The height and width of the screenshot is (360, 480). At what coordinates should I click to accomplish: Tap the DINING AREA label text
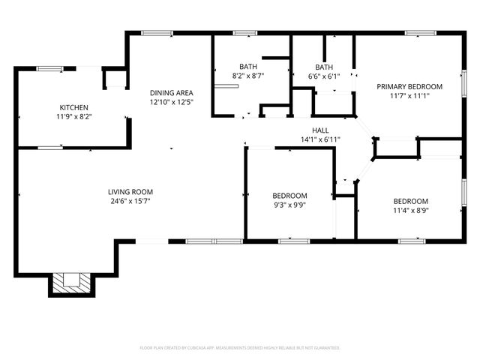(x=172, y=92)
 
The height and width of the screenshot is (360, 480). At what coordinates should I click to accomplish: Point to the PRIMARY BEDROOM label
(x=409, y=86)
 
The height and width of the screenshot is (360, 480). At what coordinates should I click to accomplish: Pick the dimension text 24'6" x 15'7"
(x=130, y=201)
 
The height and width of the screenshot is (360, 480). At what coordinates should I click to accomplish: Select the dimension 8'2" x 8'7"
(x=247, y=76)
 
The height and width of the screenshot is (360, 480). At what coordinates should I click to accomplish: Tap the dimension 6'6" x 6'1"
(x=324, y=76)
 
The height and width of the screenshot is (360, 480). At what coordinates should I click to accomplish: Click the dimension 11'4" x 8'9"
(x=411, y=211)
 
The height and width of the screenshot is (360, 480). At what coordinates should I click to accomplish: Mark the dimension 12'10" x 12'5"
(x=172, y=101)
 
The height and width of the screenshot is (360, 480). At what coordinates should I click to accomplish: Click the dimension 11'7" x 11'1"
(x=409, y=96)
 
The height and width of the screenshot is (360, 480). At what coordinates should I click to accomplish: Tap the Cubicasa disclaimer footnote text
(x=240, y=348)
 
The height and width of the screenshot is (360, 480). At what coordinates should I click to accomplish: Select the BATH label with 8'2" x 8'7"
(x=247, y=66)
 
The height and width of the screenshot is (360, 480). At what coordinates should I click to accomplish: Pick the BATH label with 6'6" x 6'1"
(x=324, y=66)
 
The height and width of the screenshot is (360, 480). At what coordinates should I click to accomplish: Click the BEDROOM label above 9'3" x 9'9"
(x=289, y=195)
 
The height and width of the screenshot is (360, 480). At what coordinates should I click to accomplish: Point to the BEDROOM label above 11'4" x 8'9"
(x=411, y=201)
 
